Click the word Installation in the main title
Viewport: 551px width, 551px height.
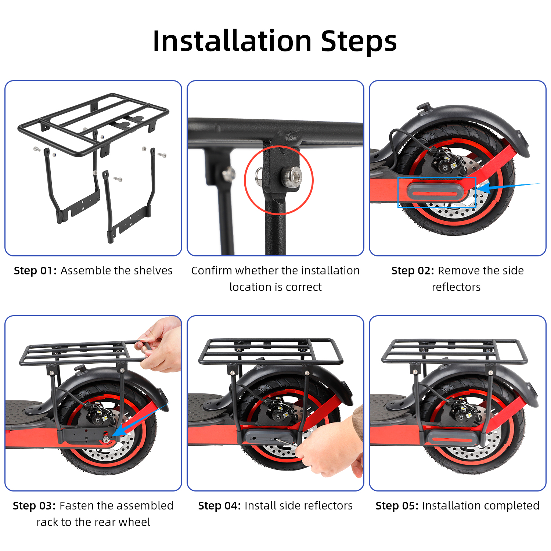pyautogui.click(x=233, y=41)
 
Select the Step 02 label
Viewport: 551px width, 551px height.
pyautogui.click(x=413, y=271)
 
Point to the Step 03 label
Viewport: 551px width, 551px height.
pyautogui.click(x=34, y=506)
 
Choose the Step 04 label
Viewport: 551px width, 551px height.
pyautogui.click(x=220, y=506)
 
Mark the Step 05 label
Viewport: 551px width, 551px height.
pyautogui.click(x=397, y=506)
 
